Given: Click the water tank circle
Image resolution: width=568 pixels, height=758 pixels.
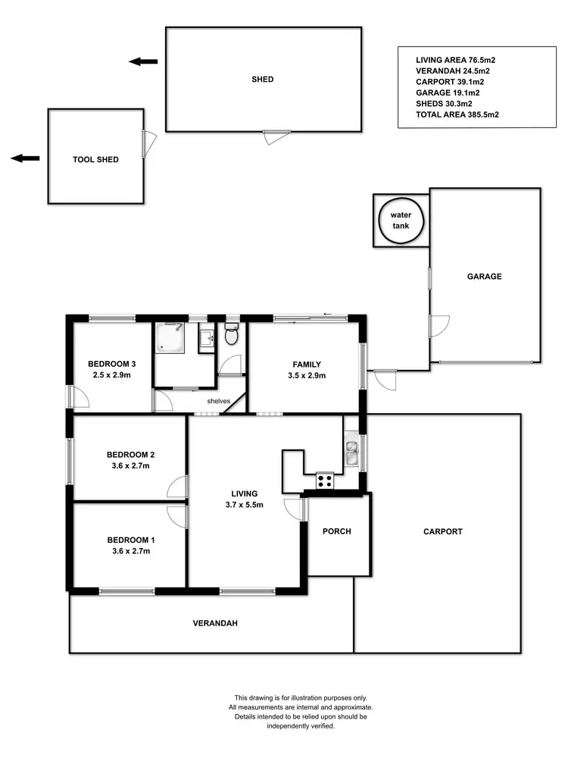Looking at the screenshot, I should (x=401, y=220).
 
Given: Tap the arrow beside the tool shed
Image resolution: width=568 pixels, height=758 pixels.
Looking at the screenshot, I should (x=26, y=158).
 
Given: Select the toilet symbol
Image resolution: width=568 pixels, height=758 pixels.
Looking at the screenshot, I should (x=232, y=333).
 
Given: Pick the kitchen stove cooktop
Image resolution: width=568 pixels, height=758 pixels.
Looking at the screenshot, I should (x=324, y=479).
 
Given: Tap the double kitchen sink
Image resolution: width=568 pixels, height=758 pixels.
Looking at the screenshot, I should (x=351, y=452).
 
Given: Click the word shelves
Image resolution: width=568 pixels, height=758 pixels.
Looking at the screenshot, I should (x=219, y=400).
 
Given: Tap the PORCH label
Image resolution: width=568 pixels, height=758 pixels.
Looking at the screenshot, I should (x=337, y=531).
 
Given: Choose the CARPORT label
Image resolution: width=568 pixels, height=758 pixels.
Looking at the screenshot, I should (x=442, y=531).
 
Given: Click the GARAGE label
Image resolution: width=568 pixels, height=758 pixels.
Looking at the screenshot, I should (x=484, y=277).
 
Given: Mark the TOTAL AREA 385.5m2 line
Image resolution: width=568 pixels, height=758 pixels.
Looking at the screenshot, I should (x=457, y=115).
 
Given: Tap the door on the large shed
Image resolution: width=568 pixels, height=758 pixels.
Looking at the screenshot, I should (x=276, y=135).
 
